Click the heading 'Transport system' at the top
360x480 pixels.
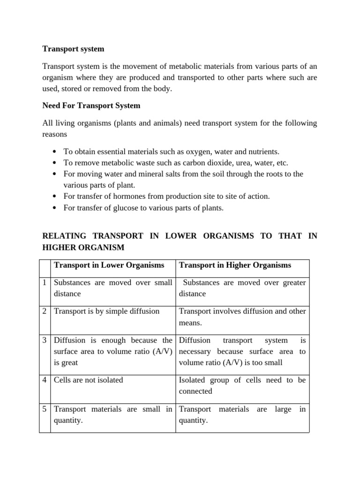(x=73, y=49)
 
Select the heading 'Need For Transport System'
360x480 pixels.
(x=91, y=105)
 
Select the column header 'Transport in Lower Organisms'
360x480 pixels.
(x=109, y=265)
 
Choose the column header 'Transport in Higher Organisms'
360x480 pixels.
(x=235, y=265)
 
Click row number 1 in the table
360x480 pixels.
(x=44, y=283)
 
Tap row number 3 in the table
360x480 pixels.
(x=44, y=340)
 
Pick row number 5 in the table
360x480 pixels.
(x=44, y=409)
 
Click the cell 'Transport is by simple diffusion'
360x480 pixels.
(x=107, y=311)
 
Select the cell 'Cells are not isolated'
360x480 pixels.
(x=89, y=380)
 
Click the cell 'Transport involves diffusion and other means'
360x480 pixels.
(x=242, y=316)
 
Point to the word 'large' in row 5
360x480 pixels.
(x=283, y=409)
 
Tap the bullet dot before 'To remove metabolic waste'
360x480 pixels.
(x=55, y=163)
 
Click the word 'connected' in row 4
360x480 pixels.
(x=195, y=391)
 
